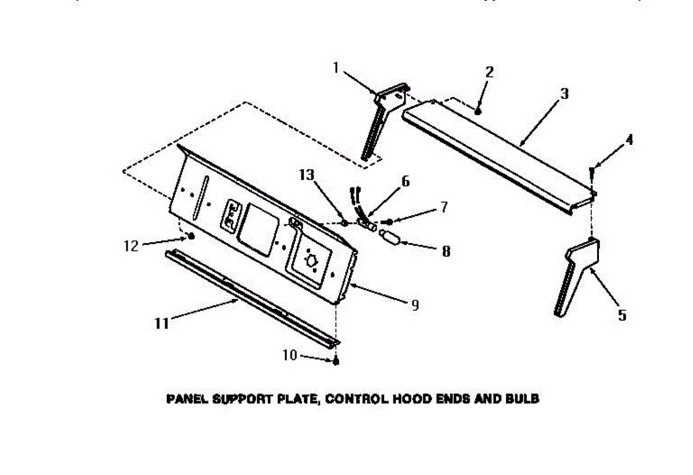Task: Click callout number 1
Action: click(x=336, y=68)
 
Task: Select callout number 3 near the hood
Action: click(x=564, y=93)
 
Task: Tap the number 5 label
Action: click(x=622, y=315)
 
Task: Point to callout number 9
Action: click(x=415, y=305)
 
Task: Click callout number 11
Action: click(x=161, y=324)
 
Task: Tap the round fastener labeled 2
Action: click(x=478, y=110)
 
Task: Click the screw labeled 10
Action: click(x=336, y=362)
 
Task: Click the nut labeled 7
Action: click(x=389, y=222)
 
